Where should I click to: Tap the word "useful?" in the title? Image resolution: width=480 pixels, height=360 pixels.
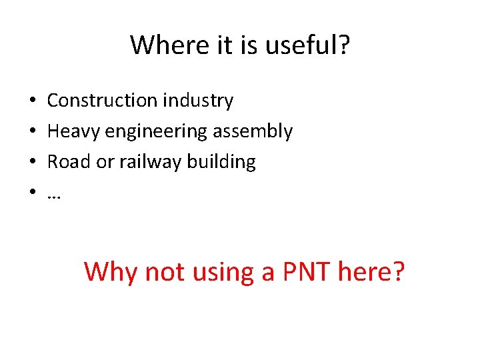[x=310, y=45]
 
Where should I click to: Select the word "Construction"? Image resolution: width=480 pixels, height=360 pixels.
[x=102, y=101]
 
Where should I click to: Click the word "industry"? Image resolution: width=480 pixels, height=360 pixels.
[x=197, y=101]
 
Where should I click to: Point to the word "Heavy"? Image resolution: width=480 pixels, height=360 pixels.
[x=72, y=131]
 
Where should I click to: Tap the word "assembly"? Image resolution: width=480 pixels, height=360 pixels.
[x=253, y=132]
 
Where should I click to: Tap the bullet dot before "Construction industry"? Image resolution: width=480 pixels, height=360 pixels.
[x=32, y=101]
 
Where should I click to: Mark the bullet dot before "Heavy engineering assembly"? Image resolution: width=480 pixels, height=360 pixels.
[x=32, y=132]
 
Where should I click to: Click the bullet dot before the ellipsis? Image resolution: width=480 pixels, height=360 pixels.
[x=32, y=193]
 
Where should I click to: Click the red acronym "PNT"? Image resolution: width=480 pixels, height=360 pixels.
[x=302, y=272]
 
